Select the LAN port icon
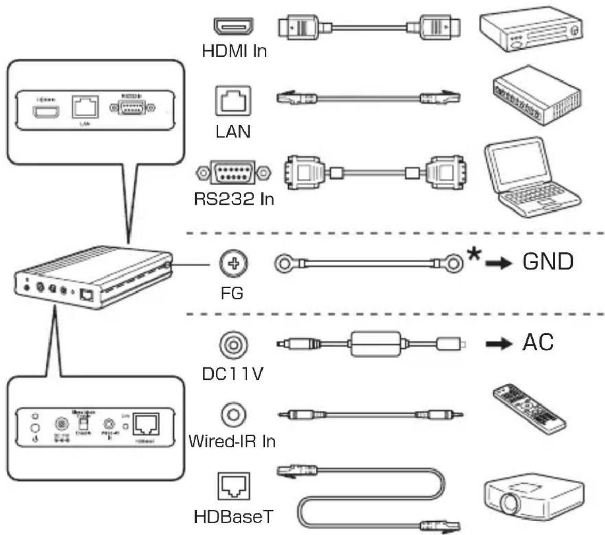pos(233,100)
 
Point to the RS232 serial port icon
pos(233,171)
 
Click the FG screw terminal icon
pos(233,264)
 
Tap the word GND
pos(547,263)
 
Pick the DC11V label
pos(233,373)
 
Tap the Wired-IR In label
pos(232,441)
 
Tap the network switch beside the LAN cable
pos(536,95)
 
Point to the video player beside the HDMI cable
pos(531,31)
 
